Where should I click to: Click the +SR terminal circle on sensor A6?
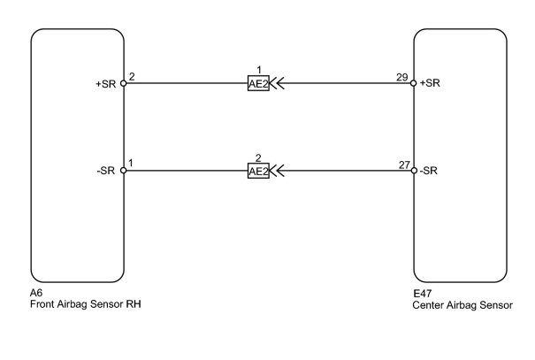[x=124, y=83]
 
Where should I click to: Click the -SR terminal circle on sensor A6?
[x=124, y=171]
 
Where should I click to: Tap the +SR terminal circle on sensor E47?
[x=414, y=83]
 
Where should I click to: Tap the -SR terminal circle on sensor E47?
[x=414, y=171]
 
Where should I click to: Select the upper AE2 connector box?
[x=258, y=83]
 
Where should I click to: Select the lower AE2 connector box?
[x=258, y=171]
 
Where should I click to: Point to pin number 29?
[x=402, y=77]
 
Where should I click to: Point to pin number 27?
[x=404, y=165]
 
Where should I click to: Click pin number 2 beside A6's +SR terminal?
[x=132, y=76]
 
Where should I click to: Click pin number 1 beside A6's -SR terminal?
[x=131, y=164]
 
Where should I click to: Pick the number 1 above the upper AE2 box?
[x=258, y=70]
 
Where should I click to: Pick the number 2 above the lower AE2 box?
[x=258, y=158]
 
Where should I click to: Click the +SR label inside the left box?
[x=106, y=84]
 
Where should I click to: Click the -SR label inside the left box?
[x=106, y=171]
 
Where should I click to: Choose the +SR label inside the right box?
[x=430, y=83]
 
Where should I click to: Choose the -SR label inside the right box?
[x=429, y=171]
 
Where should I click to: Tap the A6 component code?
[x=36, y=293]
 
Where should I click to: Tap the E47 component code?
[x=423, y=294]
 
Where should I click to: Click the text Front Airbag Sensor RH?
[x=86, y=304]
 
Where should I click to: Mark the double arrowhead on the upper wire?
[x=277, y=83]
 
